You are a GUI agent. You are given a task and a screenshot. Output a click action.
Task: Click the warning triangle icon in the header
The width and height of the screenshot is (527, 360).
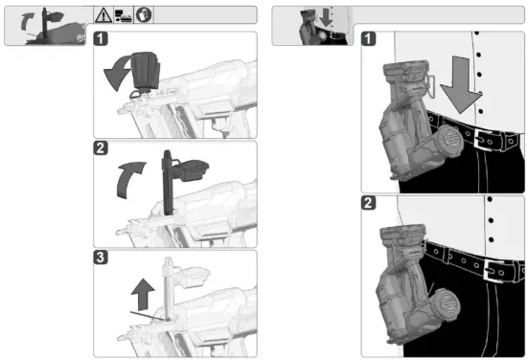pyautogui.click(x=103, y=15)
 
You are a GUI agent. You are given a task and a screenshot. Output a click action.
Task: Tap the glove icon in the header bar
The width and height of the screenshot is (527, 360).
pyautogui.click(x=144, y=14)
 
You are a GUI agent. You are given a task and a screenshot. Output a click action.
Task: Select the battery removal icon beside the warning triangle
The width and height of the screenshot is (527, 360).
pyautogui.click(x=124, y=15)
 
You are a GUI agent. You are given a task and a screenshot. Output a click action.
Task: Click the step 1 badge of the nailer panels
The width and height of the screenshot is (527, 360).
pyautogui.click(x=101, y=38)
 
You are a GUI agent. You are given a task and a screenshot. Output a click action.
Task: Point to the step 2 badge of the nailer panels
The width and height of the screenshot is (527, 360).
pyautogui.click(x=101, y=147)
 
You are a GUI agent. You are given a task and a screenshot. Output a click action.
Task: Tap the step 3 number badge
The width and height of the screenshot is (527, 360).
pyautogui.click(x=101, y=258)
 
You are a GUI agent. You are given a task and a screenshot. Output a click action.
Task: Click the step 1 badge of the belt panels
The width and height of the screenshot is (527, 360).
pyautogui.click(x=368, y=38)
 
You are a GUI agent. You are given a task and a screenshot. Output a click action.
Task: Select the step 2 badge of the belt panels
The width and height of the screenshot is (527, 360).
pyautogui.click(x=368, y=203)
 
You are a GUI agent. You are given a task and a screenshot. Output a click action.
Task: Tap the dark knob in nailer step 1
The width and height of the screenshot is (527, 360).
pyautogui.click(x=145, y=72)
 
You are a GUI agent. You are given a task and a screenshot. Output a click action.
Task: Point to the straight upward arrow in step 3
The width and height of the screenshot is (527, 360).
pyautogui.click(x=143, y=294)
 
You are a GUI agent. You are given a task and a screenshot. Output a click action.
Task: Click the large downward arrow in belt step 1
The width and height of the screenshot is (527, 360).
pyautogui.click(x=461, y=84)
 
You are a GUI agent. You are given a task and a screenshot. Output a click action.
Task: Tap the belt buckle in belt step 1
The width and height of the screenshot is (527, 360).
pyautogui.click(x=483, y=140)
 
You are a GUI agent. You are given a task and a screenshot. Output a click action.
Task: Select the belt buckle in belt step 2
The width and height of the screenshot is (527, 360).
pyautogui.click(x=493, y=270)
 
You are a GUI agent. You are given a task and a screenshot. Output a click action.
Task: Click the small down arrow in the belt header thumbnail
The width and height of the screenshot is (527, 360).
pyautogui.click(x=326, y=17)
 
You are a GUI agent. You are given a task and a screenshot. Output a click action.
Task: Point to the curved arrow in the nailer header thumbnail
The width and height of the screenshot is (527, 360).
pyautogui.click(x=26, y=21)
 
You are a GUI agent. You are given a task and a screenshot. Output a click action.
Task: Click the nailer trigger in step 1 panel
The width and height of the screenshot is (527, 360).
pyautogui.click(x=219, y=126)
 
